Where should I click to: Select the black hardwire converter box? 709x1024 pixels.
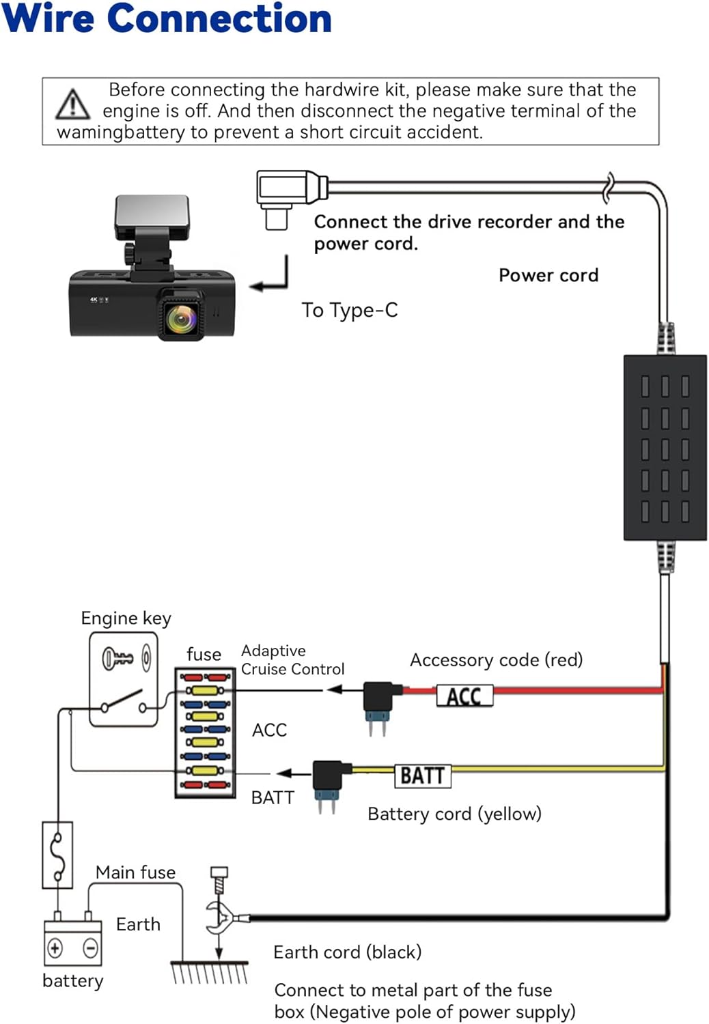coord(665,448)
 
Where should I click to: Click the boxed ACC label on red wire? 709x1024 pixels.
coord(464,696)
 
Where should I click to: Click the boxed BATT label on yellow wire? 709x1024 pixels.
coord(423,776)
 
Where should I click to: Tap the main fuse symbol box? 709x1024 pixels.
coord(57,855)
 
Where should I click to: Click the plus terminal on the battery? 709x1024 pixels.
coord(55,948)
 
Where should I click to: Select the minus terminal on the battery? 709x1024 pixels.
coord(90,948)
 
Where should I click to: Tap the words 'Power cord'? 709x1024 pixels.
coord(548,275)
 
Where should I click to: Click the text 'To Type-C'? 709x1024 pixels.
coord(350,310)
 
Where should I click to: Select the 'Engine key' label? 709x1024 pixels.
coord(126,618)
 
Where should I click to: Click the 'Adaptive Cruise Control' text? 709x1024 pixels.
coord(293,659)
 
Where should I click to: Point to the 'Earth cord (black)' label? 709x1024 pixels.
coord(348,953)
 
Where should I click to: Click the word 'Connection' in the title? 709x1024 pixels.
coord(219,18)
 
